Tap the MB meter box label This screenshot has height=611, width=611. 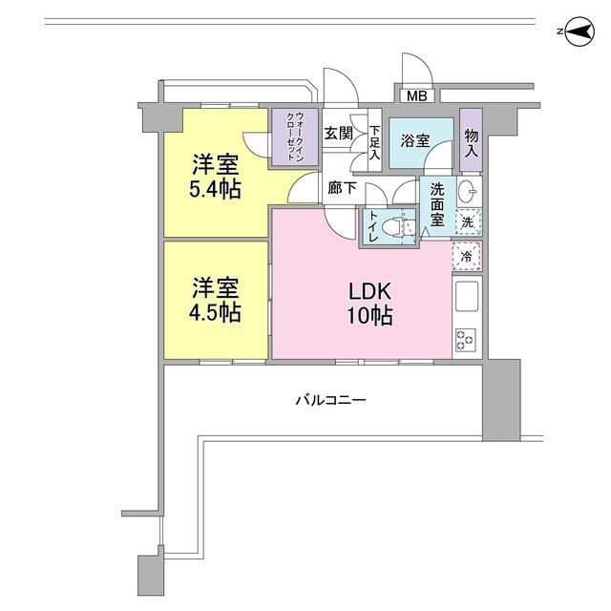click(x=416, y=96)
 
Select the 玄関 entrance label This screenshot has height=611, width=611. click(x=339, y=134)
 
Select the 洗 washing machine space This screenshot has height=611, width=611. click(x=467, y=221)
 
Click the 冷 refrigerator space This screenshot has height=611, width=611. click(x=467, y=255)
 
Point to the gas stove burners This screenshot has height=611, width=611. click(x=467, y=340)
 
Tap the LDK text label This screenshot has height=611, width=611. click(x=364, y=291)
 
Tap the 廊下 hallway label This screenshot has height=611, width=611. click(x=342, y=188)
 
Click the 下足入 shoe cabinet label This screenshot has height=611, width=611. click(x=375, y=142)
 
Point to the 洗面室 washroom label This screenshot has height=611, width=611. click(x=438, y=203)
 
